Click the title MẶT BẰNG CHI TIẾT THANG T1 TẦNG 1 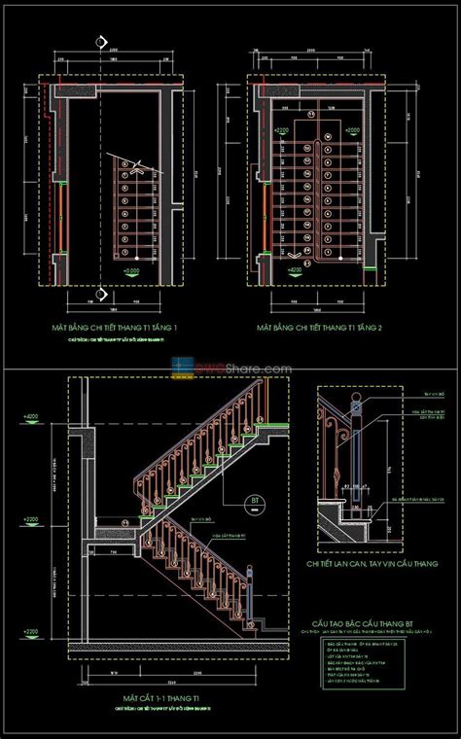(122, 329)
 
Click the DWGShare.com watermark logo (231, 368)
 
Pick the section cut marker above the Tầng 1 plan (101, 42)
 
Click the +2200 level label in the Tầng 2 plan (283, 128)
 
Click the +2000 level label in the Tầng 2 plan (352, 128)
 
